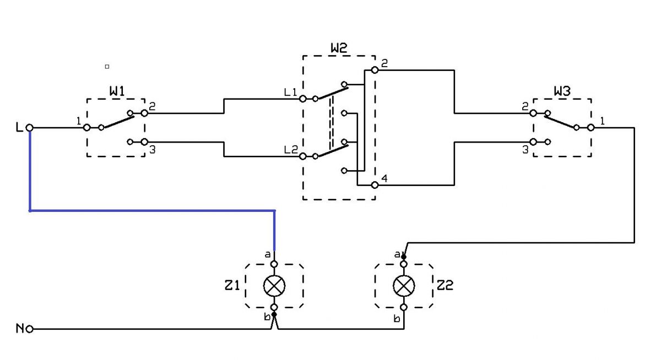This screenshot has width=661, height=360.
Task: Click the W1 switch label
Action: (117, 91)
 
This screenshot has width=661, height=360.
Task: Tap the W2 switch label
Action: (339, 48)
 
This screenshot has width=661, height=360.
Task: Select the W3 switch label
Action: (562, 91)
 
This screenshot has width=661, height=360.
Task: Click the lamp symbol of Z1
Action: (274, 286)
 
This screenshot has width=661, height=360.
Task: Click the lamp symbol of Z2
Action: (404, 286)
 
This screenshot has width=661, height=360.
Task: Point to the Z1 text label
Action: (232, 285)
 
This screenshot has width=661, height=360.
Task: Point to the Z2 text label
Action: (445, 285)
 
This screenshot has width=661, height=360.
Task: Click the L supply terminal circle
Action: (30, 128)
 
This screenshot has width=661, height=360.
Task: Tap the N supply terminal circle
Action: (30, 329)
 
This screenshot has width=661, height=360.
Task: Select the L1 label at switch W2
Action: (290, 92)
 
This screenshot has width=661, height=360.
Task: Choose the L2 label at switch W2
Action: (291, 150)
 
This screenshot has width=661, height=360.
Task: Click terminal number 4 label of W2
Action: (384, 178)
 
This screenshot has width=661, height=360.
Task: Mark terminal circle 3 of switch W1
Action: (144, 142)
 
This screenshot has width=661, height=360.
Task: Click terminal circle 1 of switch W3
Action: (590, 128)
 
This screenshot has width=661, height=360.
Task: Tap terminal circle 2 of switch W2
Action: (375, 70)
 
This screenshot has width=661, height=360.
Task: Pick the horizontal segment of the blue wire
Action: (152, 211)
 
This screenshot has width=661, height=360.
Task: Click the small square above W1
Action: (107, 67)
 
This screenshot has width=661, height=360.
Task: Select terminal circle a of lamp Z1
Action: (274, 264)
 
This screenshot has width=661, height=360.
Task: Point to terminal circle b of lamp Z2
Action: (404, 308)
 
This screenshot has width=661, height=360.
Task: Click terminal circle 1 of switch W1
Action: (87, 128)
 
